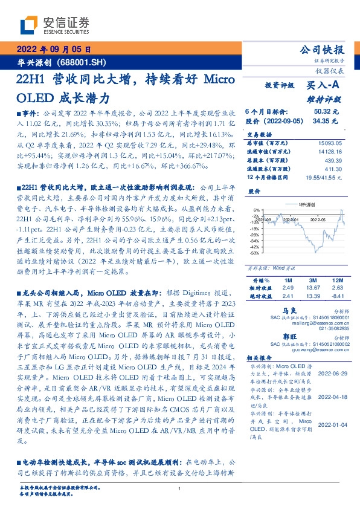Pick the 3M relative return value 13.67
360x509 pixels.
coord(312,289)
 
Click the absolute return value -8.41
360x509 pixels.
coord(336,297)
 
